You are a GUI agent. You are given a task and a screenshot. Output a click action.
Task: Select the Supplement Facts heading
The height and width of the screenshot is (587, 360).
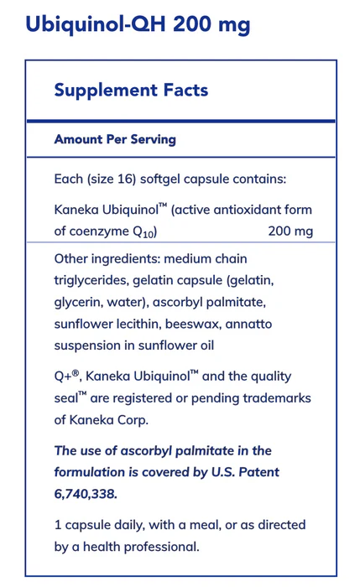pyautogui.click(x=131, y=90)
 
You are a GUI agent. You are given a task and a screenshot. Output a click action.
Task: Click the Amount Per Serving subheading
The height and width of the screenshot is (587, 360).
pyautogui.click(x=115, y=139)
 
